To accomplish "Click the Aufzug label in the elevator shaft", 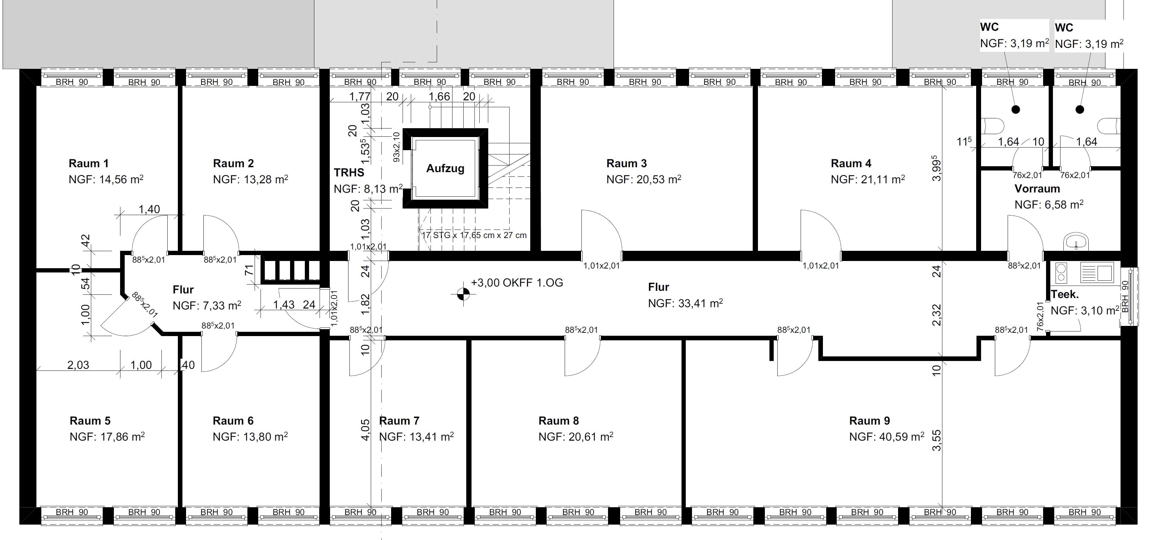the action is click(x=445, y=169).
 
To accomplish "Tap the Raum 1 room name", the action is click(x=89, y=163).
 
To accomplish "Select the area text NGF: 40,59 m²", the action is click(x=887, y=437).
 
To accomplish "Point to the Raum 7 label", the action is click(x=399, y=421).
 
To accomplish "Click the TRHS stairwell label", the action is click(x=349, y=172).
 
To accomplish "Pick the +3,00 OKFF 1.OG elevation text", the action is click(x=517, y=283).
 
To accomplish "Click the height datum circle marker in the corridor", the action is click(x=463, y=294).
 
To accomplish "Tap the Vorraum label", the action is click(x=1037, y=189).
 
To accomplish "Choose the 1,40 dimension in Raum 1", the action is click(x=149, y=209).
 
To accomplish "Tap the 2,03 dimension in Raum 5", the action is click(x=78, y=365).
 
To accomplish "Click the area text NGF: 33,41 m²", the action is click(x=685, y=304).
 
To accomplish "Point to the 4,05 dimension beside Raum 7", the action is click(x=366, y=430).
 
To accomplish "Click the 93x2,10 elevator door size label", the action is click(x=396, y=147).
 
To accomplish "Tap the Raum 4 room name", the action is click(x=851, y=163).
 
